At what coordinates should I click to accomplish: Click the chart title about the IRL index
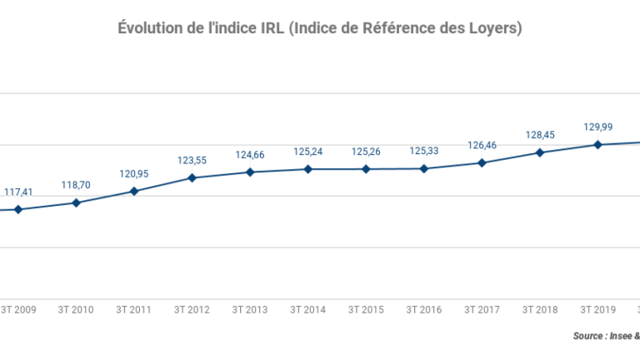pyautogui.click(x=320, y=28)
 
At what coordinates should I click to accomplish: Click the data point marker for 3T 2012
pyautogui.click(x=192, y=177)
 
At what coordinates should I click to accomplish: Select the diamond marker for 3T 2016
pyautogui.click(x=424, y=168)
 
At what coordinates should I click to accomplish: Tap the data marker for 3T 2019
pyautogui.click(x=597, y=144)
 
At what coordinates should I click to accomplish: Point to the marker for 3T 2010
pyautogui.click(x=76, y=202)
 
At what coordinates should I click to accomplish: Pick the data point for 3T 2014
pyautogui.click(x=307, y=169)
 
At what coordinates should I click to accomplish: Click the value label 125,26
pyautogui.click(x=366, y=152)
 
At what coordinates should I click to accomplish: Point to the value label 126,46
pyautogui.click(x=482, y=146)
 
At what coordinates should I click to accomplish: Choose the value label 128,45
pyautogui.click(x=540, y=135)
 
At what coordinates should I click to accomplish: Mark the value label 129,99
pyautogui.click(x=597, y=127)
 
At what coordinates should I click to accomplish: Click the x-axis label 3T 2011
pyautogui.click(x=133, y=310)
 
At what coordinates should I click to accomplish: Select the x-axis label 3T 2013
pyautogui.click(x=249, y=310)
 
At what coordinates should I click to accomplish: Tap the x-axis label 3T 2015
pyautogui.click(x=366, y=310)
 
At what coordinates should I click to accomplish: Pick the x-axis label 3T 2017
pyautogui.click(x=482, y=310)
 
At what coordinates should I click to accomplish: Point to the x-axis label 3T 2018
pyautogui.click(x=540, y=310)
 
